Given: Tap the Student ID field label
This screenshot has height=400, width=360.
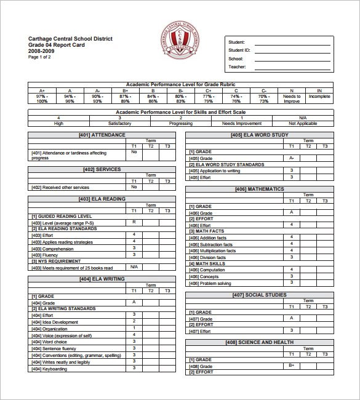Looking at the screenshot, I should pyautogui.click(x=239, y=50).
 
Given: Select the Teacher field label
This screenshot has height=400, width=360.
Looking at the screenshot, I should pyautogui.click(x=237, y=66).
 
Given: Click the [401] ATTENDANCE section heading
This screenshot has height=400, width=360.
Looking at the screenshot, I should pyautogui.click(x=102, y=135).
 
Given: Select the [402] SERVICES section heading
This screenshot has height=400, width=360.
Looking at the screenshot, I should pyautogui.click(x=102, y=169).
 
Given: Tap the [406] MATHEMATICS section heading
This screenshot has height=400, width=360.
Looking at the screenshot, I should pyautogui.click(x=259, y=189).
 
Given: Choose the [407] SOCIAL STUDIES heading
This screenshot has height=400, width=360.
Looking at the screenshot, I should pyautogui.click(x=259, y=295).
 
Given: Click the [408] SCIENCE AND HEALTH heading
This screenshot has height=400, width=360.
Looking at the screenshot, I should pyautogui.click(x=259, y=342).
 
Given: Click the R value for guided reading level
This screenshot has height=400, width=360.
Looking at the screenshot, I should pyautogui.click(x=134, y=222).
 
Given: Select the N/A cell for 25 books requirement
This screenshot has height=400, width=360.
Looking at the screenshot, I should pyautogui.click(x=134, y=266).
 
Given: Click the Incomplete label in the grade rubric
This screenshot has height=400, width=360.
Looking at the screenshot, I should pyautogui.click(x=319, y=97).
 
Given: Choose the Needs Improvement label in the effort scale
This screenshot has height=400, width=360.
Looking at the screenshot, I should pyautogui.click(x=241, y=123).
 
